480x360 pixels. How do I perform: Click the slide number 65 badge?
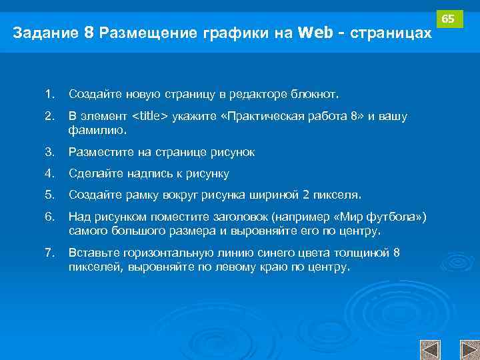click(449, 19)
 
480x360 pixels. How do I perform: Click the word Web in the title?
click(314, 33)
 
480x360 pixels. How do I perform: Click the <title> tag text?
click(150, 117)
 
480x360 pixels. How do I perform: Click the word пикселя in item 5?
click(338, 195)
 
